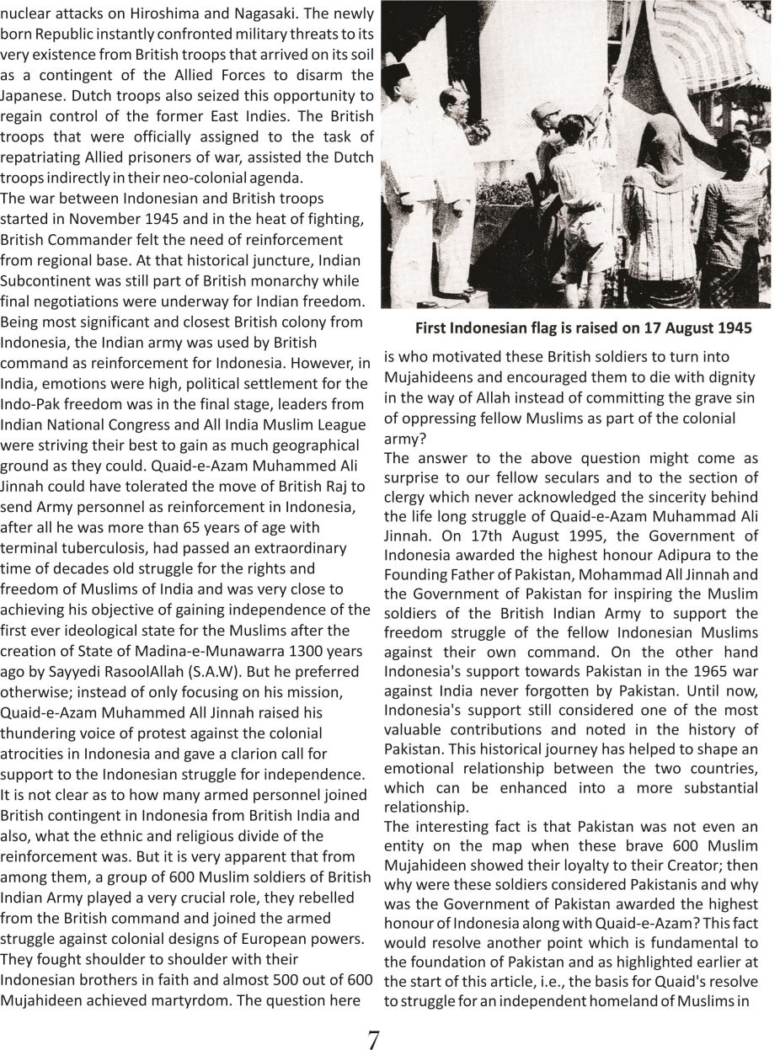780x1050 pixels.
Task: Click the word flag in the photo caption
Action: tap(543, 328)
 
